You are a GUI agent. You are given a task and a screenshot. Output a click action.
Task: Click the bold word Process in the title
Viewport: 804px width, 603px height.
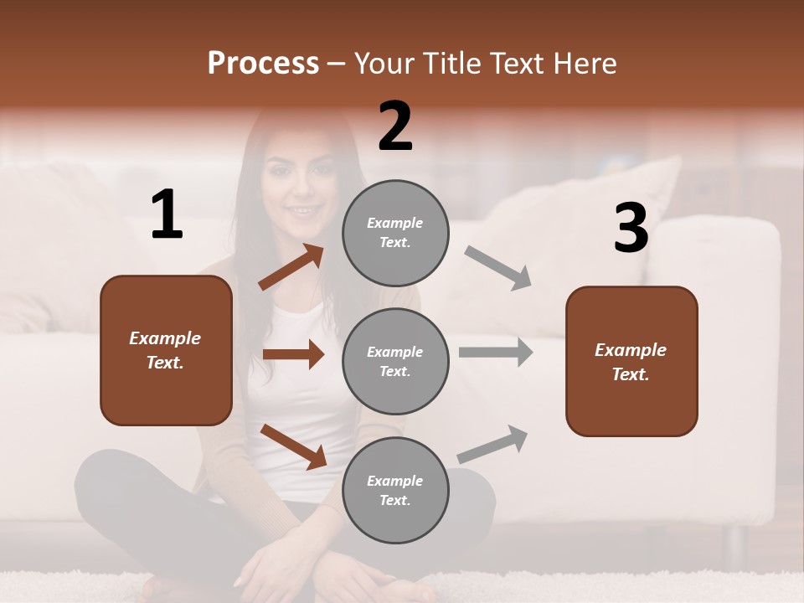pos(263,64)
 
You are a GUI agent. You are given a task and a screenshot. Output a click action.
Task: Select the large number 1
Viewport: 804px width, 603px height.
pos(167,215)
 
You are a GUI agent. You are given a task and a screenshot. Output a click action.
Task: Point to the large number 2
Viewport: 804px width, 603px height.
pos(395,126)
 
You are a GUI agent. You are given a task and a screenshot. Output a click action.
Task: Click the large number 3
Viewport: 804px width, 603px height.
pos(631,229)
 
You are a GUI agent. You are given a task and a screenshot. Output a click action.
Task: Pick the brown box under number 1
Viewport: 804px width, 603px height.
pos(166,350)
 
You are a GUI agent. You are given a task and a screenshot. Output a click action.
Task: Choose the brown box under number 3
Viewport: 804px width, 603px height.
pos(631,362)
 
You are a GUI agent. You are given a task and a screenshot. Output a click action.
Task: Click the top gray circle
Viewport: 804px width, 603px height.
pos(395,233)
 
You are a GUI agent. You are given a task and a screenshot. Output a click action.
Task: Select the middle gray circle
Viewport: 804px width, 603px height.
pos(395,361)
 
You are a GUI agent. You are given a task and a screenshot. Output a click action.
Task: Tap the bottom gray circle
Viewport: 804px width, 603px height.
pos(395,490)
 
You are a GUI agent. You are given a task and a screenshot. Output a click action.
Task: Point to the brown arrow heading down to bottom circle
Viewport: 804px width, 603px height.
pos(293,446)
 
